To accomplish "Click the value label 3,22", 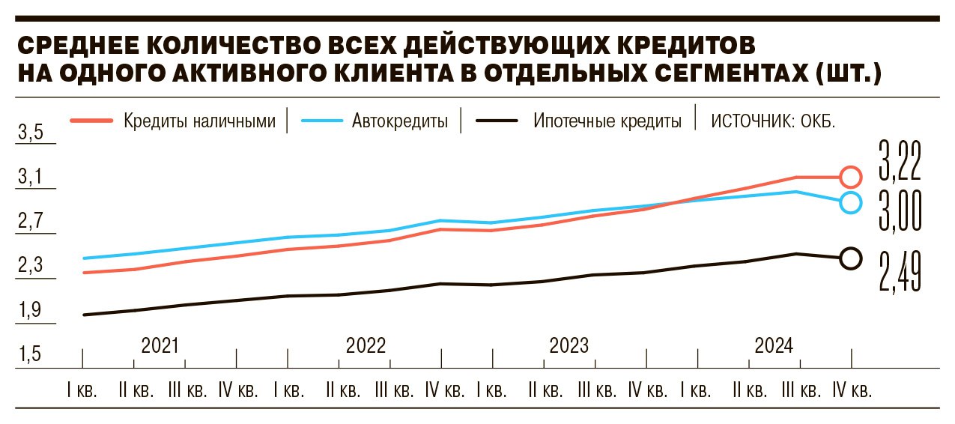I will point(899,161).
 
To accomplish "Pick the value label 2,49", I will point(899,271).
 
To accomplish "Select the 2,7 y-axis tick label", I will point(31,222).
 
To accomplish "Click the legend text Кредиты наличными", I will point(200,121).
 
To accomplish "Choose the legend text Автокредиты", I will point(400,121).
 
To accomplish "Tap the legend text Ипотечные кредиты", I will point(607,121).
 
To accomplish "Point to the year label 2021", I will point(160,346).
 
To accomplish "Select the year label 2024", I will point(774,346).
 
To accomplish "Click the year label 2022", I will point(366,346).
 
